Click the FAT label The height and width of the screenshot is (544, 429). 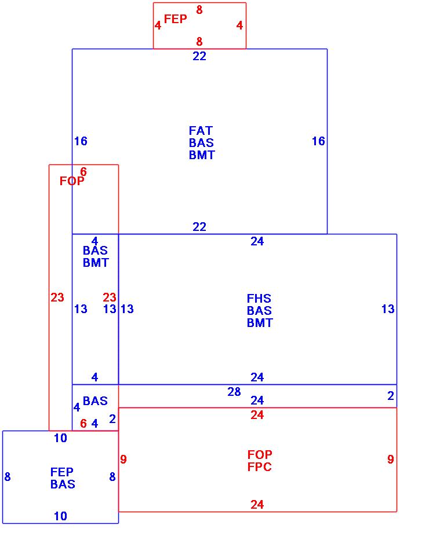(x=201, y=131)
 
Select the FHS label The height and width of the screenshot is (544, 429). (x=259, y=299)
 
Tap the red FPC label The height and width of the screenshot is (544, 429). (x=259, y=467)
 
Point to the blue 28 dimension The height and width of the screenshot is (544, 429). (x=234, y=392)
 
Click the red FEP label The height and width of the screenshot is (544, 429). (x=175, y=19)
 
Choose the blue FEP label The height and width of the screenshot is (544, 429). (x=62, y=472)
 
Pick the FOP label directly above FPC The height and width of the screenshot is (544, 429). (x=259, y=455)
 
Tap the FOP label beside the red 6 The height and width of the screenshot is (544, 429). (x=72, y=181)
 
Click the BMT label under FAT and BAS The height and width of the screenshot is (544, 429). (x=202, y=155)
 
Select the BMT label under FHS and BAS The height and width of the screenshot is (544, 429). (x=259, y=323)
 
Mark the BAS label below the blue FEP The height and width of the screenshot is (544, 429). (x=62, y=484)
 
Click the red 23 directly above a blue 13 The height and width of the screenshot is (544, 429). (x=110, y=297)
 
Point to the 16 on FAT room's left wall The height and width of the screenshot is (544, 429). (x=81, y=141)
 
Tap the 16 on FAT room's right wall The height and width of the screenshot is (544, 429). (x=318, y=141)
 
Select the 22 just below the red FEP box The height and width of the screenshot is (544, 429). (x=199, y=56)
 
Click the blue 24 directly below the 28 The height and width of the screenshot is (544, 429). (x=257, y=400)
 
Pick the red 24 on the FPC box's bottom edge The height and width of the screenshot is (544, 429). (x=257, y=505)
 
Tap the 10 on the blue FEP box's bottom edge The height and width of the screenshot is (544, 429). (x=60, y=516)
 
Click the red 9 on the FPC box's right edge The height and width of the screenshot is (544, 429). (x=391, y=460)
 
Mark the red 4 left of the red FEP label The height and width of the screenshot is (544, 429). (x=158, y=25)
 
